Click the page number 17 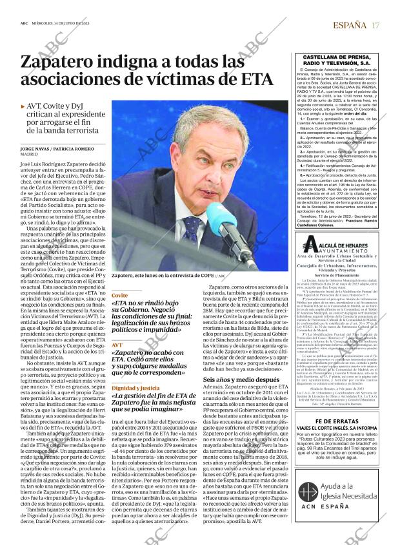[375, 25]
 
